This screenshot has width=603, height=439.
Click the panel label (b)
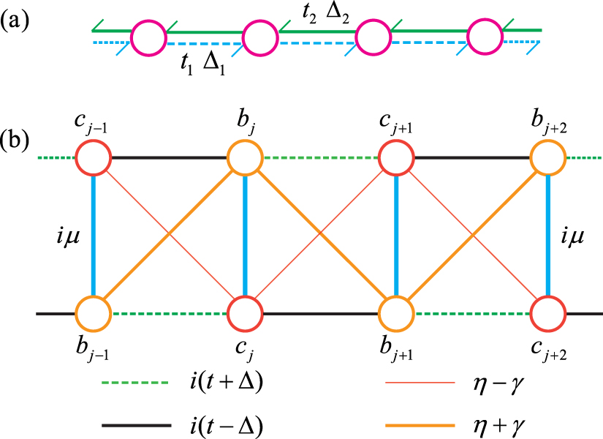click(19, 138)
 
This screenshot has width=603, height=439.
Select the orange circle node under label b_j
click(245, 157)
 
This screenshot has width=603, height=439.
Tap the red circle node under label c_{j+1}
click(397, 157)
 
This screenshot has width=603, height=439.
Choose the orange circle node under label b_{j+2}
click(548, 157)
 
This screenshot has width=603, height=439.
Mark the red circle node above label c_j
click(245, 314)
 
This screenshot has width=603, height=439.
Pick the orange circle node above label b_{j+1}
click(397, 314)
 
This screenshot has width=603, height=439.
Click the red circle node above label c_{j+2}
click(548, 314)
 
